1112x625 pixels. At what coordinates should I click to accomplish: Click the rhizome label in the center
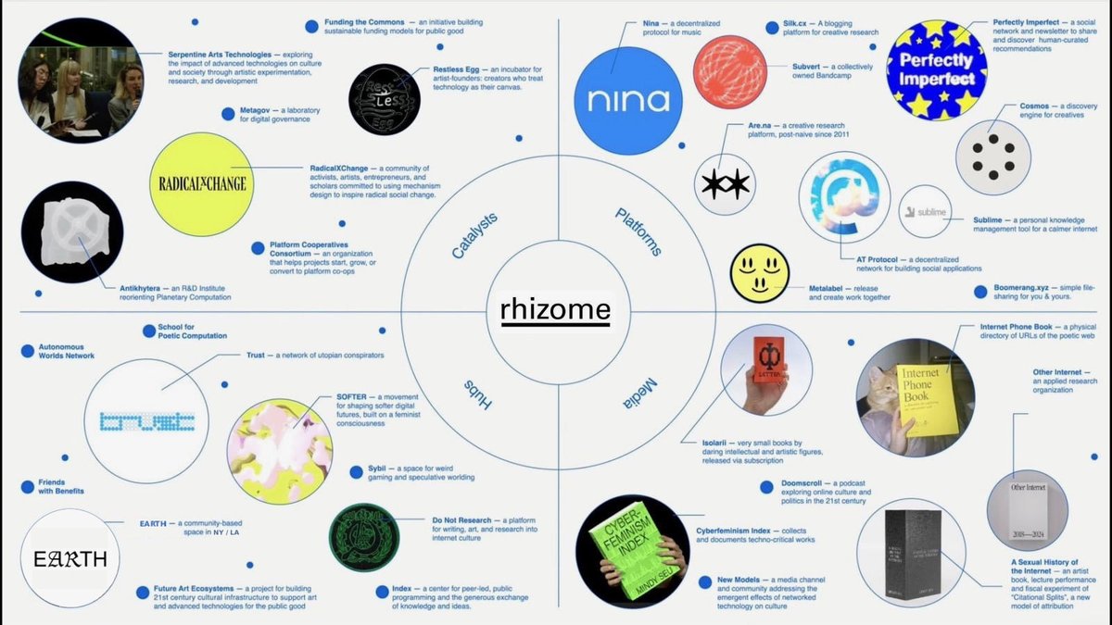click(555, 311)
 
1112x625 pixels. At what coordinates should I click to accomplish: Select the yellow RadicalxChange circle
click(202, 183)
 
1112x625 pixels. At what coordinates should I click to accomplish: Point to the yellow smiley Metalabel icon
click(760, 272)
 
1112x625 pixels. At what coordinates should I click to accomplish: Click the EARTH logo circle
click(69, 558)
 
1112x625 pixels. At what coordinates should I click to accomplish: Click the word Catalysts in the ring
click(474, 235)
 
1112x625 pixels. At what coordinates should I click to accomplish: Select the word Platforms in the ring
click(638, 232)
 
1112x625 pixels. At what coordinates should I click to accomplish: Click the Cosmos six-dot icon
click(992, 156)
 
